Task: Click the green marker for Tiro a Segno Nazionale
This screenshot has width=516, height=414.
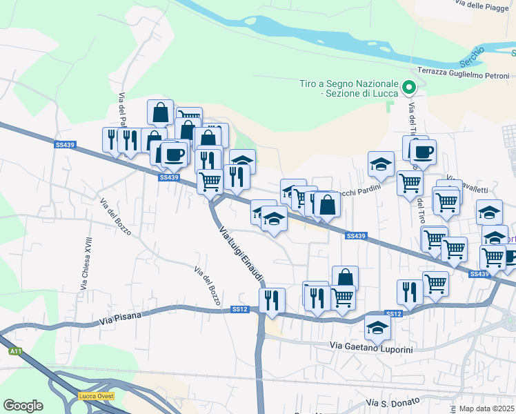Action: [408, 87]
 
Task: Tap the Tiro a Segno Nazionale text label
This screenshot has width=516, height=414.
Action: [349, 88]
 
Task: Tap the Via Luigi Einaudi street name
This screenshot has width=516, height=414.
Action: [241, 254]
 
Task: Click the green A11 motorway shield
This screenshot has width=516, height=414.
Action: [15, 351]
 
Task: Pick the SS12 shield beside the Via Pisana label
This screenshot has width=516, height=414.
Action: [239, 309]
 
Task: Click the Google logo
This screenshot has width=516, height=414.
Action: [23, 405]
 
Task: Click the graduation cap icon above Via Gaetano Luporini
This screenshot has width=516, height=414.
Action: [377, 327]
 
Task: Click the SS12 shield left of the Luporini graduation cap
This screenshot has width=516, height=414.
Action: [393, 314]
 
